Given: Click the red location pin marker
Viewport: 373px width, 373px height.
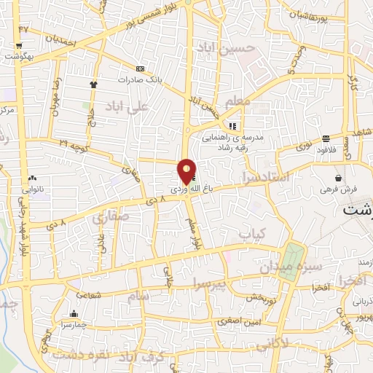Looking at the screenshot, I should pos(186,171).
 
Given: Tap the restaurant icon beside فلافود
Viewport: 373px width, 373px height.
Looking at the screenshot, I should pos(324,138).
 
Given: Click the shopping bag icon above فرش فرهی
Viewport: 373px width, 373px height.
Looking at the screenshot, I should pos(339,178).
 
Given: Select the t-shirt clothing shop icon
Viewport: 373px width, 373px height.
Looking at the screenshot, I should pos(93,85).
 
